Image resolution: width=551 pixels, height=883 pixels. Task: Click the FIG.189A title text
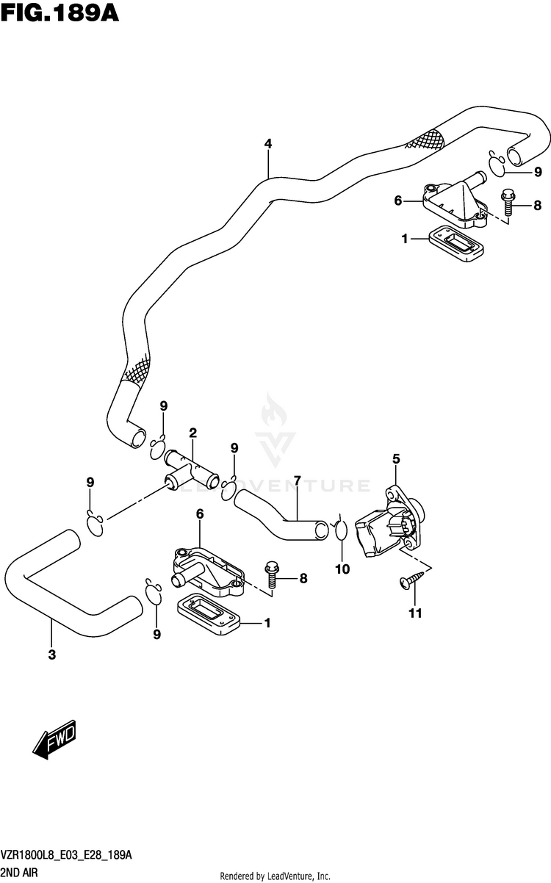point(60,13)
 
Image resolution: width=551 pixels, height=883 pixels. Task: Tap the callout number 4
point(268,143)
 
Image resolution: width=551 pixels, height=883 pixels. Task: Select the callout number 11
point(415,613)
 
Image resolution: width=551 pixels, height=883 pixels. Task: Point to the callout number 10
point(342,569)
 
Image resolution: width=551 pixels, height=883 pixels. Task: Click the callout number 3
point(52,655)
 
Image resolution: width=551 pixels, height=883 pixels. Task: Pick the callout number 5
point(396,458)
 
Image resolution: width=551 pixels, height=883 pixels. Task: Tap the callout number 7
point(298,480)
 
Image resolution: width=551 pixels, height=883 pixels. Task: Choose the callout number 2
point(192,433)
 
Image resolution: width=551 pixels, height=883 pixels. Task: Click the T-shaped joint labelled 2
point(191,470)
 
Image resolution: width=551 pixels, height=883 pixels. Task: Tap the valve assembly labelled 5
point(390,521)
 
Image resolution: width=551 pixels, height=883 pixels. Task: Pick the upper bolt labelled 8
point(508,203)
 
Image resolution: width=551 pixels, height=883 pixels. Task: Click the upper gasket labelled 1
point(456,243)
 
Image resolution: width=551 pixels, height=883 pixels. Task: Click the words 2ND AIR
point(20,873)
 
